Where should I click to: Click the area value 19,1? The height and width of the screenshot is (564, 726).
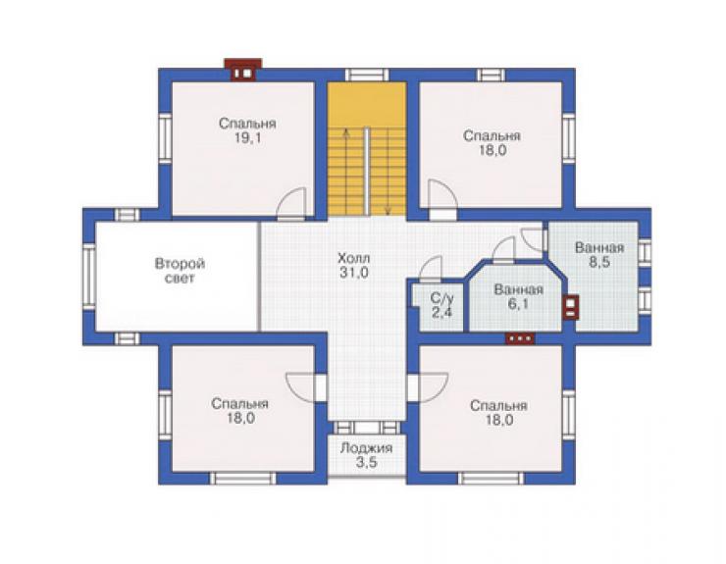(x=247, y=138)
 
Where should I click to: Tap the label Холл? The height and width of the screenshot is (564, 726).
(x=354, y=258)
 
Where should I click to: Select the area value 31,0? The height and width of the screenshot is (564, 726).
(x=354, y=273)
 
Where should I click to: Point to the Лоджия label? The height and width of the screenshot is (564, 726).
(x=366, y=448)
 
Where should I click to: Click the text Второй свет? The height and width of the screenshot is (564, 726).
(x=180, y=271)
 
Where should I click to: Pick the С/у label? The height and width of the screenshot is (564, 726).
(x=441, y=297)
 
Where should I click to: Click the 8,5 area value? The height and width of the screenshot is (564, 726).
(x=599, y=262)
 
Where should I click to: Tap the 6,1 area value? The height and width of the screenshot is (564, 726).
(x=518, y=304)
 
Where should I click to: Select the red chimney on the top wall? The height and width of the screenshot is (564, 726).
(x=243, y=70)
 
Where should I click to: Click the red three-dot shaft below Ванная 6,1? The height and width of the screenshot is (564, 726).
(x=520, y=338)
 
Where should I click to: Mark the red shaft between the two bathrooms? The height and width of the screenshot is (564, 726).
(x=571, y=307)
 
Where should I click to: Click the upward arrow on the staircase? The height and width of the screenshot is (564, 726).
(x=345, y=173)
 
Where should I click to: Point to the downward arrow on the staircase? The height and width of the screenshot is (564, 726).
(x=388, y=173)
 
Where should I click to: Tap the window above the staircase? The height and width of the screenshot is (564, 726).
(x=367, y=75)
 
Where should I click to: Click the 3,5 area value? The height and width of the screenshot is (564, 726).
(x=366, y=463)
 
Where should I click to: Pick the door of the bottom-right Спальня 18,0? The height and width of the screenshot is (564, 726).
(x=428, y=387)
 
